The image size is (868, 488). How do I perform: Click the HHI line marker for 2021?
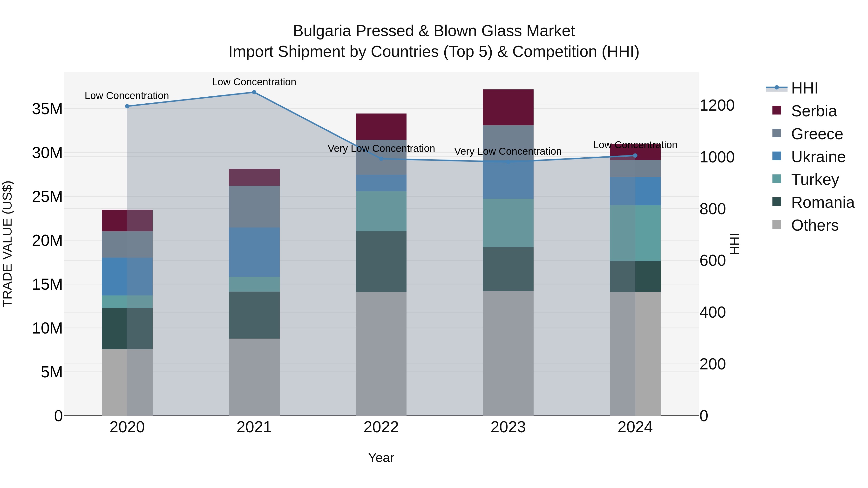(254, 92)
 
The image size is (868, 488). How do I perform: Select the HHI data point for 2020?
(127, 106)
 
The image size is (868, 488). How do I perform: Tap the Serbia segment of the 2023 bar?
(508, 107)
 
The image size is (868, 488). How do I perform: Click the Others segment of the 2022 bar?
(381, 354)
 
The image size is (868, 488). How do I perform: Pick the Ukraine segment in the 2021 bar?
(254, 252)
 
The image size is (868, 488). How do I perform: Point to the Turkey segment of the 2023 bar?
(508, 223)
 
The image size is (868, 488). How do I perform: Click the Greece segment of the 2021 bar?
(254, 207)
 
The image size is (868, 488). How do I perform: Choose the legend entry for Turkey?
(814, 180)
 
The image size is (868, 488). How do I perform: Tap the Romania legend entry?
(822, 202)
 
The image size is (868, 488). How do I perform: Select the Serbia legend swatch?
(776, 110)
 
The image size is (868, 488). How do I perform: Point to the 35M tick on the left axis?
(47, 109)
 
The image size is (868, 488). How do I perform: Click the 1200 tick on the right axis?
(717, 105)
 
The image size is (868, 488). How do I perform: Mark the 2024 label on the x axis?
(635, 427)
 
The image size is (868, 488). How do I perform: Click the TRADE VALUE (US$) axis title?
(7, 244)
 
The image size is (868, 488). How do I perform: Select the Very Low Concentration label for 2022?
(381, 148)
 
